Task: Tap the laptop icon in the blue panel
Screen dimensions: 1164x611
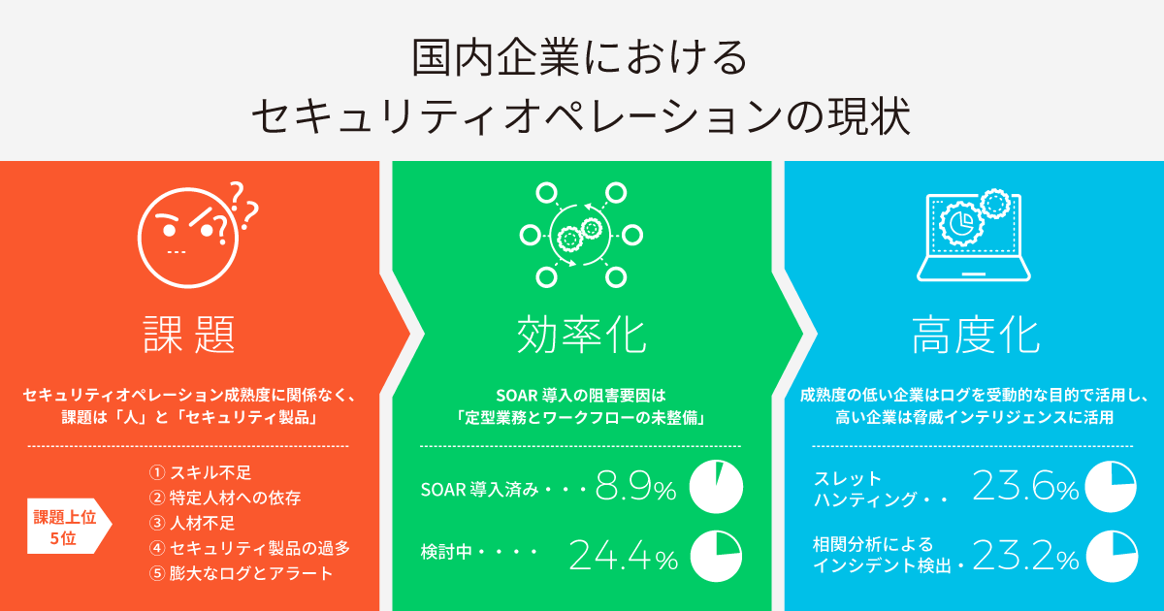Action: [973, 237]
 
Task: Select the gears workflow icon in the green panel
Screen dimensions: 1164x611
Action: [581, 236]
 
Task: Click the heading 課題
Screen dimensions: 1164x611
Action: [189, 335]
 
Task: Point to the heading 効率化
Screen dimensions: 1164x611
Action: [581, 336]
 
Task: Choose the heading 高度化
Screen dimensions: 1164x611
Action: [976, 336]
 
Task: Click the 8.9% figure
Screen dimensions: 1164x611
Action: [635, 486]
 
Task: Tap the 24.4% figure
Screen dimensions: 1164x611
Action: [623, 556]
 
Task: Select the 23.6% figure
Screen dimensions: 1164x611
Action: [1025, 486]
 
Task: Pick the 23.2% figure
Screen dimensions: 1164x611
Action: [1025, 556]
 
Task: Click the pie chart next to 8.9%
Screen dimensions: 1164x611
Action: [716, 487]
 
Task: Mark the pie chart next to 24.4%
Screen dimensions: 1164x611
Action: [716, 556]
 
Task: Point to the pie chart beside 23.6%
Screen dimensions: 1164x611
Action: [1111, 486]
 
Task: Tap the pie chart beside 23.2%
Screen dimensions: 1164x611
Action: [1112, 556]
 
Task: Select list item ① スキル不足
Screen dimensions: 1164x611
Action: [200, 472]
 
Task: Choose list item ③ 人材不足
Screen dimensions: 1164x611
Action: [192, 523]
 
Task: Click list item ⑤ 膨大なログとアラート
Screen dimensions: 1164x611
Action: [241, 573]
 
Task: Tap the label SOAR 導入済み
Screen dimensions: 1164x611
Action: [479, 490]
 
